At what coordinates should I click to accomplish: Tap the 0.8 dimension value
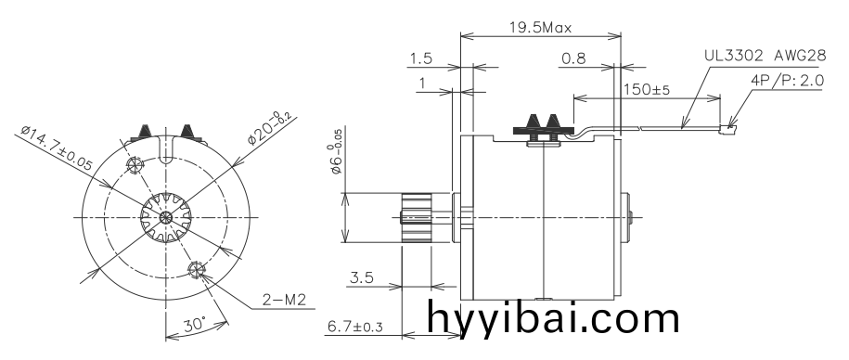click(573, 58)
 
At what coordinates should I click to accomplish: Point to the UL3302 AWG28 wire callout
click(764, 55)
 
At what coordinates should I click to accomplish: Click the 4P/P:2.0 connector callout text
click(788, 81)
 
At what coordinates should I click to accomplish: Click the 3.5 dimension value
click(363, 276)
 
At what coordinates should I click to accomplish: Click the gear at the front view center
click(165, 217)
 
